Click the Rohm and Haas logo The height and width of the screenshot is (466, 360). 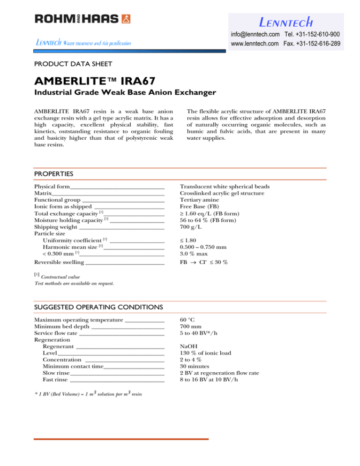(82, 19)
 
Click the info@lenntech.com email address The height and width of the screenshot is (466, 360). (255, 35)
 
